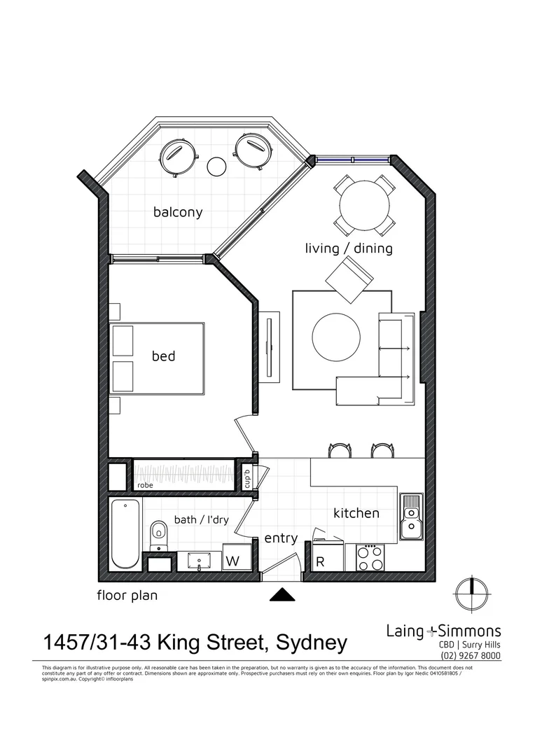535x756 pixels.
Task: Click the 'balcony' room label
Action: pos(178,212)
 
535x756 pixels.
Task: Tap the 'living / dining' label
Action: pos(349,248)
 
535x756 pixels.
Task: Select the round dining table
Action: pos(364,205)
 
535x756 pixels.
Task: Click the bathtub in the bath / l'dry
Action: pos(125,533)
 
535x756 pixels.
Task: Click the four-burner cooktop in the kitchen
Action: pos(371,558)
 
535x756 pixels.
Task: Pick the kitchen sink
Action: pos(412,517)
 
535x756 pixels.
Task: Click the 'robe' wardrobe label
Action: pos(146,484)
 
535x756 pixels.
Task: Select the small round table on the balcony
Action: pos(217,167)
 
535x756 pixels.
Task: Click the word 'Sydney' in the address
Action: pos(312,642)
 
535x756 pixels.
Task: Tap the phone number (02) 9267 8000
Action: pos(471,655)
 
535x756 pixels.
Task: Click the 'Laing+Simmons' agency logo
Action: pos(443,630)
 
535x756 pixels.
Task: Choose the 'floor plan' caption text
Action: pos(127,596)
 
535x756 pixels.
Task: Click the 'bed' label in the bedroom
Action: pos(163,356)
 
